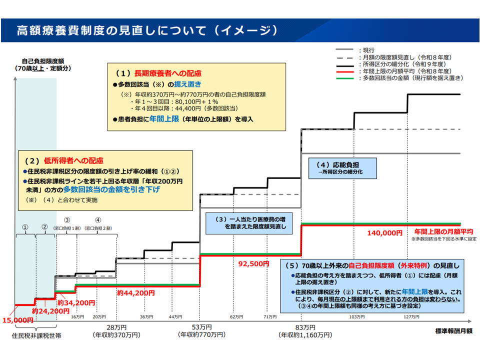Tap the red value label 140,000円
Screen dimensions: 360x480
tap(384, 232)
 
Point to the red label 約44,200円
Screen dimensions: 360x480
tap(132, 292)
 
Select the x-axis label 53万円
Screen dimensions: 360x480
tap(199, 327)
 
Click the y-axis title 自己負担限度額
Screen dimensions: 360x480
tap(35, 60)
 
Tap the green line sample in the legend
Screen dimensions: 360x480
tap(346, 78)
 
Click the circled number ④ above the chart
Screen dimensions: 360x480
tap(97, 219)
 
